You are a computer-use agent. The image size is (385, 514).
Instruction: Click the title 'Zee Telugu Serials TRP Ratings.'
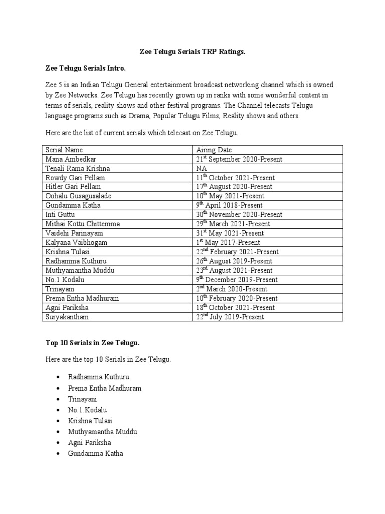(192, 52)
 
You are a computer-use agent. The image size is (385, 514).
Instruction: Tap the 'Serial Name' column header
(64, 150)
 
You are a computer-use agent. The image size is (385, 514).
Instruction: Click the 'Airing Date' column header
(214, 150)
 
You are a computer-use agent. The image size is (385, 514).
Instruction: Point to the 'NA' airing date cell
(202, 168)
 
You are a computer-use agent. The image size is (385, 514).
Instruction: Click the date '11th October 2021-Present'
(236, 178)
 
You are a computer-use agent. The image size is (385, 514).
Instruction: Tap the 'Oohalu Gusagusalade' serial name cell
(78, 196)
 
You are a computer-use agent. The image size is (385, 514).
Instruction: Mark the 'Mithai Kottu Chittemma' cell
(83, 224)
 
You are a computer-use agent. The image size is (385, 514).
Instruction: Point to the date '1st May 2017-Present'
(228, 242)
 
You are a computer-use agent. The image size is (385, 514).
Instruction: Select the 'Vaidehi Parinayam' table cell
(74, 233)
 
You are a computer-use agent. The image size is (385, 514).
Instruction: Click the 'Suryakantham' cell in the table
(66, 317)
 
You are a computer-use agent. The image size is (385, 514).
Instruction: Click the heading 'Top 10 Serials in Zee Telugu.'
(92, 343)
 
